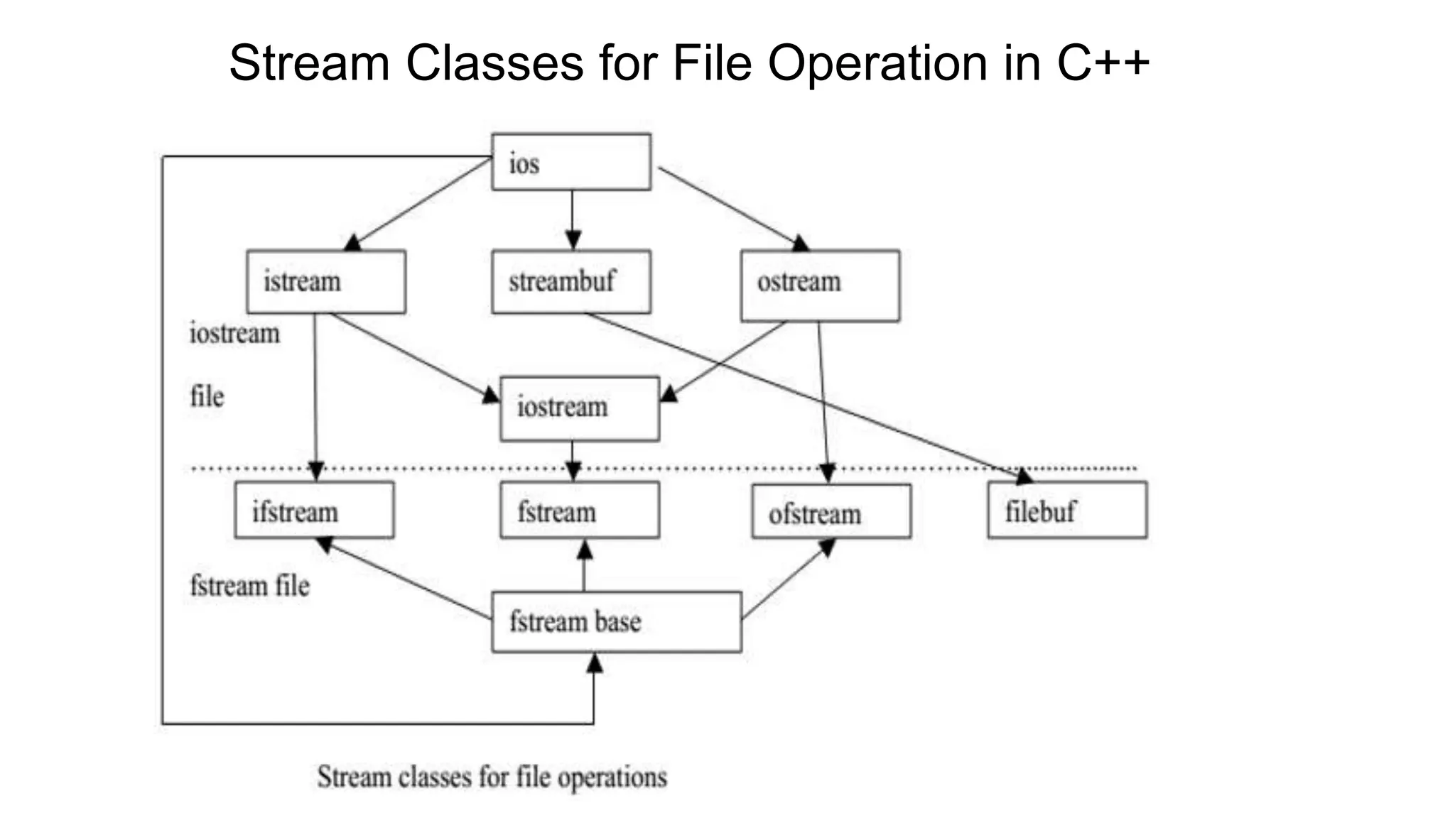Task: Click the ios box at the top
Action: [x=570, y=163]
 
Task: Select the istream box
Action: [x=326, y=281]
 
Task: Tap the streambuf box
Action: [x=570, y=281]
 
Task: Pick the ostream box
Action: [x=820, y=285]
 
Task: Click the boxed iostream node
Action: [x=579, y=408]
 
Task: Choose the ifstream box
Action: [x=314, y=510]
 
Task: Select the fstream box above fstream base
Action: [x=579, y=510]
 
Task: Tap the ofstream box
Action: [x=831, y=511]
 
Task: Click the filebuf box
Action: [x=1066, y=510]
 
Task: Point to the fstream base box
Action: [x=616, y=621]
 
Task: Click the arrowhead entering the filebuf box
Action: [x=1024, y=476]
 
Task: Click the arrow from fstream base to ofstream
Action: [x=786, y=579]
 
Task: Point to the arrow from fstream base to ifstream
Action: [x=405, y=579]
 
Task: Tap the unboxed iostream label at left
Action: [x=234, y=334]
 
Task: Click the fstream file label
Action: [x=249, y=586]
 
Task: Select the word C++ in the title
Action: [x=1103, y=62]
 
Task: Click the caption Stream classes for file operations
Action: [x=492, y=777]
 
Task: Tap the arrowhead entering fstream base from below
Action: [x=595, y=664]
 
